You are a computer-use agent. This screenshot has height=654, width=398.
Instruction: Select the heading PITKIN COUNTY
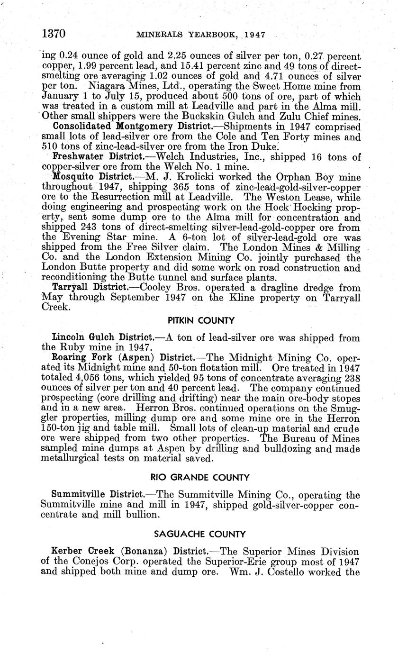pos(200,320)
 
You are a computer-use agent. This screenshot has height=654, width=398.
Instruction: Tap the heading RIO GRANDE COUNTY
pos(200,477)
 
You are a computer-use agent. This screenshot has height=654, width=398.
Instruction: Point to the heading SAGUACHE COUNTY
pos(200,534)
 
